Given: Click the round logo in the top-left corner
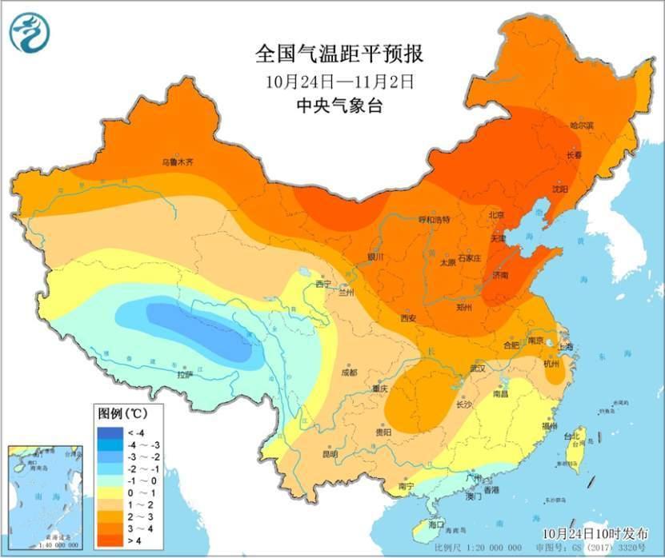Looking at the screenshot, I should coord(30,33).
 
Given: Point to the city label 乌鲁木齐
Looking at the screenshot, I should coord(178,161).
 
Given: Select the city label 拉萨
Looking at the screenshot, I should coord(185,373).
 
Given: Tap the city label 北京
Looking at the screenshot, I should coord(497,215).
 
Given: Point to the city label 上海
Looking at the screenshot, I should coord(567,346).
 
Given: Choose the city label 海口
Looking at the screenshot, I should coord(436,524).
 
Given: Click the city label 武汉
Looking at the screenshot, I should coord(479,369).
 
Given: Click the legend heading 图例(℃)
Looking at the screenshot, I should coord(122,413).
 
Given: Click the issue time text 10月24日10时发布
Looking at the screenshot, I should coord(593,532).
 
